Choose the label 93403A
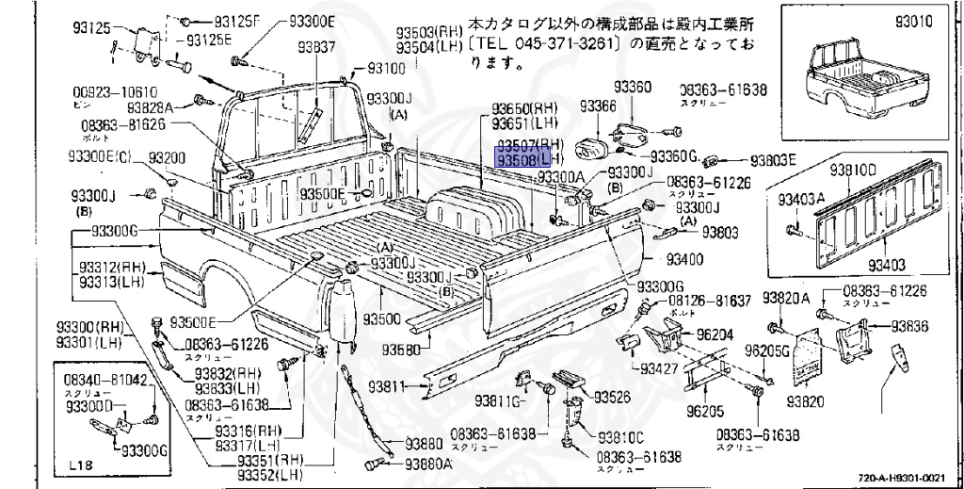click(801, 200)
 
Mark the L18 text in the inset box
click(83, 465)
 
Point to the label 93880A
click(428, 464)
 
